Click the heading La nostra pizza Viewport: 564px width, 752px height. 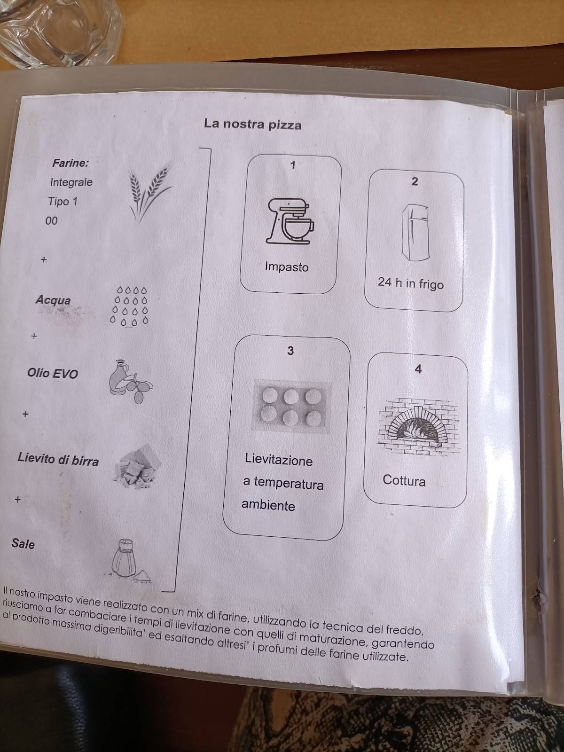(252, 125)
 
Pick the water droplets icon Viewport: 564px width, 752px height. (129, 305)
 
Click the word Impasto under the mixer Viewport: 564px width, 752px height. (287, 267)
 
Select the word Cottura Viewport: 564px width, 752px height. (404, 480)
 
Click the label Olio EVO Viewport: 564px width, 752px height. (53, 374)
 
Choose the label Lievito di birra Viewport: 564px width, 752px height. (58, 459)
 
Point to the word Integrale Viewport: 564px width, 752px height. (71, 182)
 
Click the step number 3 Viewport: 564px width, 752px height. (290, 351)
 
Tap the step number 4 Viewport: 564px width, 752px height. (418, 369)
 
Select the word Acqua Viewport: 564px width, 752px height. (53, 300)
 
